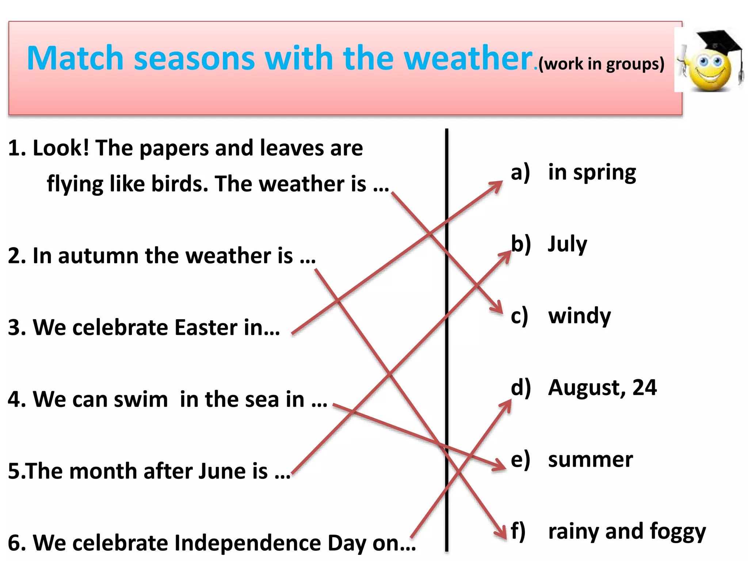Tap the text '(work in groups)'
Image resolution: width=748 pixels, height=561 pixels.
click(x=601, y=64)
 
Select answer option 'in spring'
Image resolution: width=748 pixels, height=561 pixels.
click(x=592, y=172)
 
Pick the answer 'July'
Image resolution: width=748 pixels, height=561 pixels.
click(x=567, y=244)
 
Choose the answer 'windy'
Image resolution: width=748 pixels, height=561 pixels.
click(x=579, y=316)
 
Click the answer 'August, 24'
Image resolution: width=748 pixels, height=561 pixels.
click(x=602, y=388)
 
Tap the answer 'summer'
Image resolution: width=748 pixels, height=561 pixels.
click(x=590, y=459)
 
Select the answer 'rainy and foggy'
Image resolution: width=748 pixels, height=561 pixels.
click(x=627, y=531)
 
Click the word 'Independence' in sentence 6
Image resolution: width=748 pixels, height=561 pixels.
click(x=248, y=543)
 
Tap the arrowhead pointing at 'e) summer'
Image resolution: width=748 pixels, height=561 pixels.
click(x=501, y=466)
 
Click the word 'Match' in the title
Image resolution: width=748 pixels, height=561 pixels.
click(x=75, y=58)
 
